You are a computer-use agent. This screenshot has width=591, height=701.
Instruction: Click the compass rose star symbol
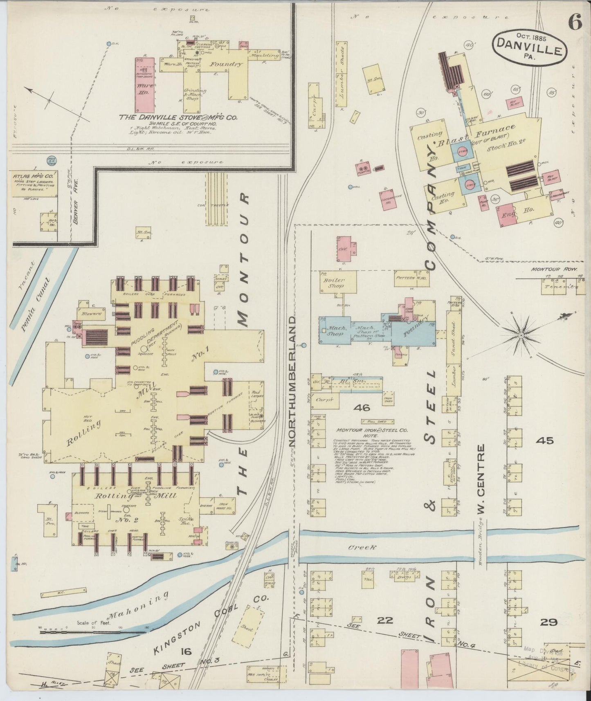point(521,335)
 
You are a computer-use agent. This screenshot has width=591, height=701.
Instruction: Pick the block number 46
point(362,408)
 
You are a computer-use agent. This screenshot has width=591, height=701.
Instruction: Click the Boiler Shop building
point(338,283)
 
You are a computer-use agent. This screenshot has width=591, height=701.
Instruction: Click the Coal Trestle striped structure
point(217,198)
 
